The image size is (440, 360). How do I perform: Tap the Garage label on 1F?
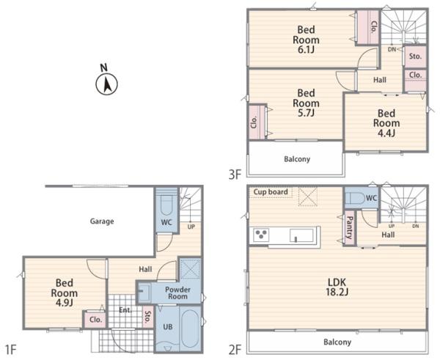pos(102,221)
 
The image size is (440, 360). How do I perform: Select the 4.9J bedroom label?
pos(65,293)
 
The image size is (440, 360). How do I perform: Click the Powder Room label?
pos(177,293)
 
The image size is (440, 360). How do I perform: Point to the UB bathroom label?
pos(168,326)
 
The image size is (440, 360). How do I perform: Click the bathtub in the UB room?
pos(190,328)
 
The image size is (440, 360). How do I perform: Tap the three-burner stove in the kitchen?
pos(261,235)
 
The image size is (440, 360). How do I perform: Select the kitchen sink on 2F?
pos(301,235)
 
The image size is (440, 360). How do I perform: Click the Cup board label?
pos(271,192)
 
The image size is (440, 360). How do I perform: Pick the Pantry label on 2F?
pos(350,227)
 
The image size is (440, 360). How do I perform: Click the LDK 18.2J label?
pos(337,287)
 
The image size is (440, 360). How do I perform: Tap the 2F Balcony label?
pos(337,342)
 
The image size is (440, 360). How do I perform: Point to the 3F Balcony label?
pos(297,159)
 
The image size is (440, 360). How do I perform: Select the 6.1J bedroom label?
pos(306,40)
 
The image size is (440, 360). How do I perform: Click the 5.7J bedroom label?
pos(306,103)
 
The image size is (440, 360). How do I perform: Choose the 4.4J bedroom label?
pos(386,123)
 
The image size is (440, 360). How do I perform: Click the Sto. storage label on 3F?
pos(415,56)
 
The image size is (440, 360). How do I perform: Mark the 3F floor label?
pos(235,175)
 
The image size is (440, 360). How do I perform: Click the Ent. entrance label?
pos(125,310)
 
